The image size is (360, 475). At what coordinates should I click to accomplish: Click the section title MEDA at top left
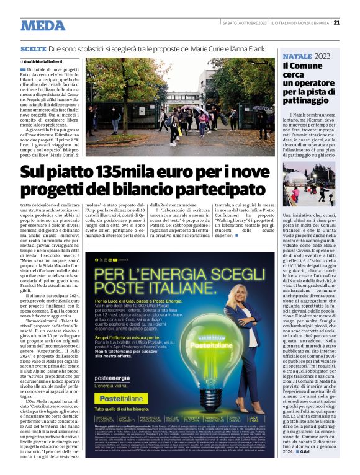coord(43,25)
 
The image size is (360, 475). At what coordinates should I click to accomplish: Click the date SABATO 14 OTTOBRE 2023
coord(243,24)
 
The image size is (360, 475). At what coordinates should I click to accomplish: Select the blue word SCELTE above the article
coord(34,48)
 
